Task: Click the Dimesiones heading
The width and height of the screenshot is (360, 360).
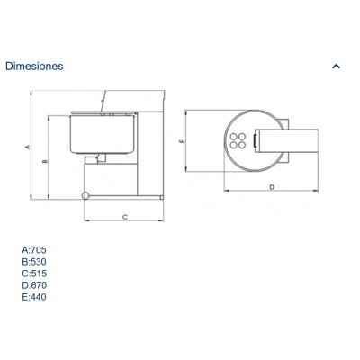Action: [x=34, y=66]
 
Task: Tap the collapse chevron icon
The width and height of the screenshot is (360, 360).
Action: [x=337, y=66]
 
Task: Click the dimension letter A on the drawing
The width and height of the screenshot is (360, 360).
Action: [x=27, y=147]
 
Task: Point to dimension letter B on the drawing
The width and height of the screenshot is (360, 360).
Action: [x=45, y=161]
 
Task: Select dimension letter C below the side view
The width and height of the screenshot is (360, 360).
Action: [x=125, y=217]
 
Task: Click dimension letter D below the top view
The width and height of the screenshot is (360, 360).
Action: [x=272, y=187]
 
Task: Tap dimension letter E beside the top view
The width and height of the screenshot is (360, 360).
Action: [x=182, y=140]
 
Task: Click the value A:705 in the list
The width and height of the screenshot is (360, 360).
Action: [x=34, y=249]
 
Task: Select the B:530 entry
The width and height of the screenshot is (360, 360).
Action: [x=34, y=262]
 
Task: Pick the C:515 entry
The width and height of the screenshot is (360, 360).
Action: [x=34, y=274]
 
